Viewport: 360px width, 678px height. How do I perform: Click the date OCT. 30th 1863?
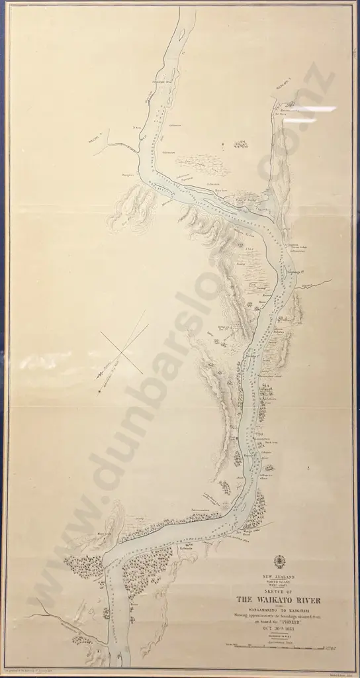(279, 627)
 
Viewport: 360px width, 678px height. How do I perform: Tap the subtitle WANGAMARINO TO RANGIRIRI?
(279, 609)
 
